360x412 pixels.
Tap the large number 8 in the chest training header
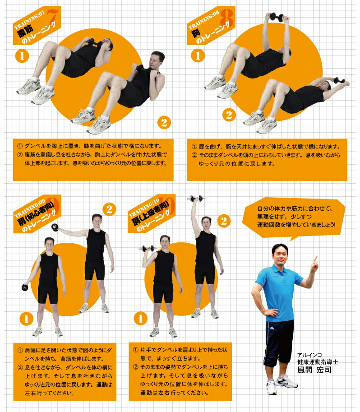[x=227, y=17]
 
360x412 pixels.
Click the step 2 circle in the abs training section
[x=164, y=122]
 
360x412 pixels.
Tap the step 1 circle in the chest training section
[x=198, y=56]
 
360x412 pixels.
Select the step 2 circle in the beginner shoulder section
[x=109, y=209]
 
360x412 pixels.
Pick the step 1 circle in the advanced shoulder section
[x=141, y=319]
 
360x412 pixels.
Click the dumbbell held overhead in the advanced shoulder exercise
[x=196, y=198]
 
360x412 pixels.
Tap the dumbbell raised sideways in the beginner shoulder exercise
[x=55, y=227]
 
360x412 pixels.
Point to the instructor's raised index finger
[x=315, y=259]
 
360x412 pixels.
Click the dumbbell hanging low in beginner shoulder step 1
[x=25, y=287]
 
